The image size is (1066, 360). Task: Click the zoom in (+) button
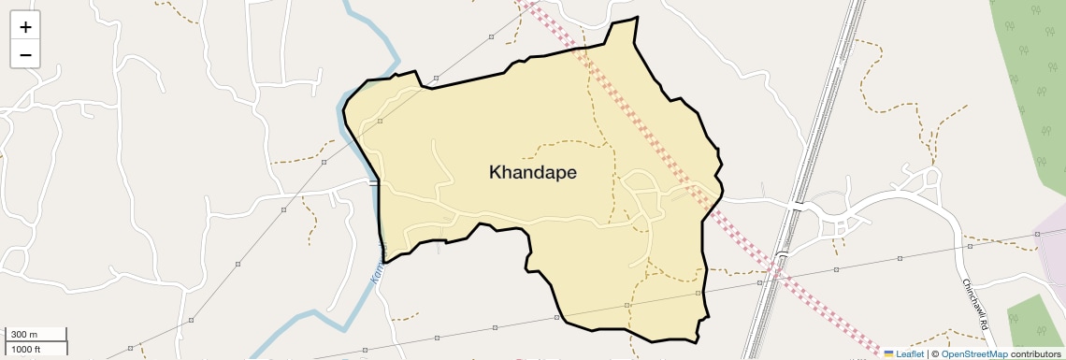[x=25, y=26]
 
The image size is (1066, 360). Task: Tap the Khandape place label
[x=533, y=173]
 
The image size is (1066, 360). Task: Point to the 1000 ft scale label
[x=27, y=349]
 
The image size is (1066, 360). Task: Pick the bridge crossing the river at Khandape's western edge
[x=374, y=183]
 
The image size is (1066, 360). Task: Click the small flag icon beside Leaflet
[x=889, y=353]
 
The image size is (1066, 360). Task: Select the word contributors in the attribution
[x=1035, y=353]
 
